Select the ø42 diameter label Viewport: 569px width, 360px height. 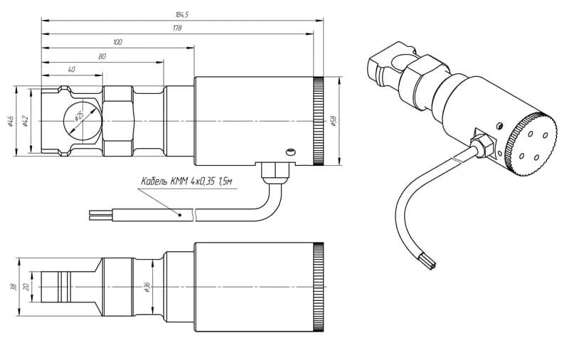26,121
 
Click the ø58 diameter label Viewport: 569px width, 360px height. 333,121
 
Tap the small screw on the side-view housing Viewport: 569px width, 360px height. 289,151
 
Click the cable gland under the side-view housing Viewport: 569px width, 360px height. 272,170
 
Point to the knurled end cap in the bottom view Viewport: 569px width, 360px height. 318,287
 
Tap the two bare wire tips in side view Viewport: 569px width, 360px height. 100,213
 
